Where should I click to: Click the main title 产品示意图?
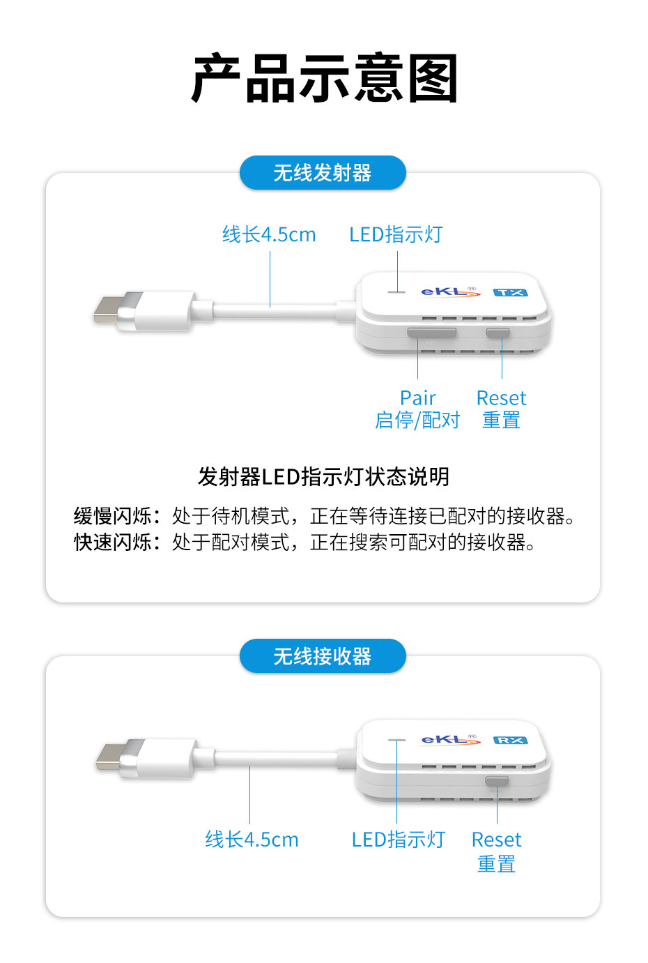coord(324,78)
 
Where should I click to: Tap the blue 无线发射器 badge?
coord(323,173)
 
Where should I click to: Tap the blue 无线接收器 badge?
coord(323,656)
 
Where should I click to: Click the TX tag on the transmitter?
coord(510,292)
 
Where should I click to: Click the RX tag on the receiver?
coord(510,740)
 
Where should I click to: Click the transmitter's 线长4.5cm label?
coord(269,235)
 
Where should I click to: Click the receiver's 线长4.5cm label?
coord(252,840)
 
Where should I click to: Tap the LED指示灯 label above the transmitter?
coord(396,235)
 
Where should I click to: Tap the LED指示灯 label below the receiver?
coord(398,840)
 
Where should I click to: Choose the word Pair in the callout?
coord(417,398)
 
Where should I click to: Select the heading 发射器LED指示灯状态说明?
coord(323,477)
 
